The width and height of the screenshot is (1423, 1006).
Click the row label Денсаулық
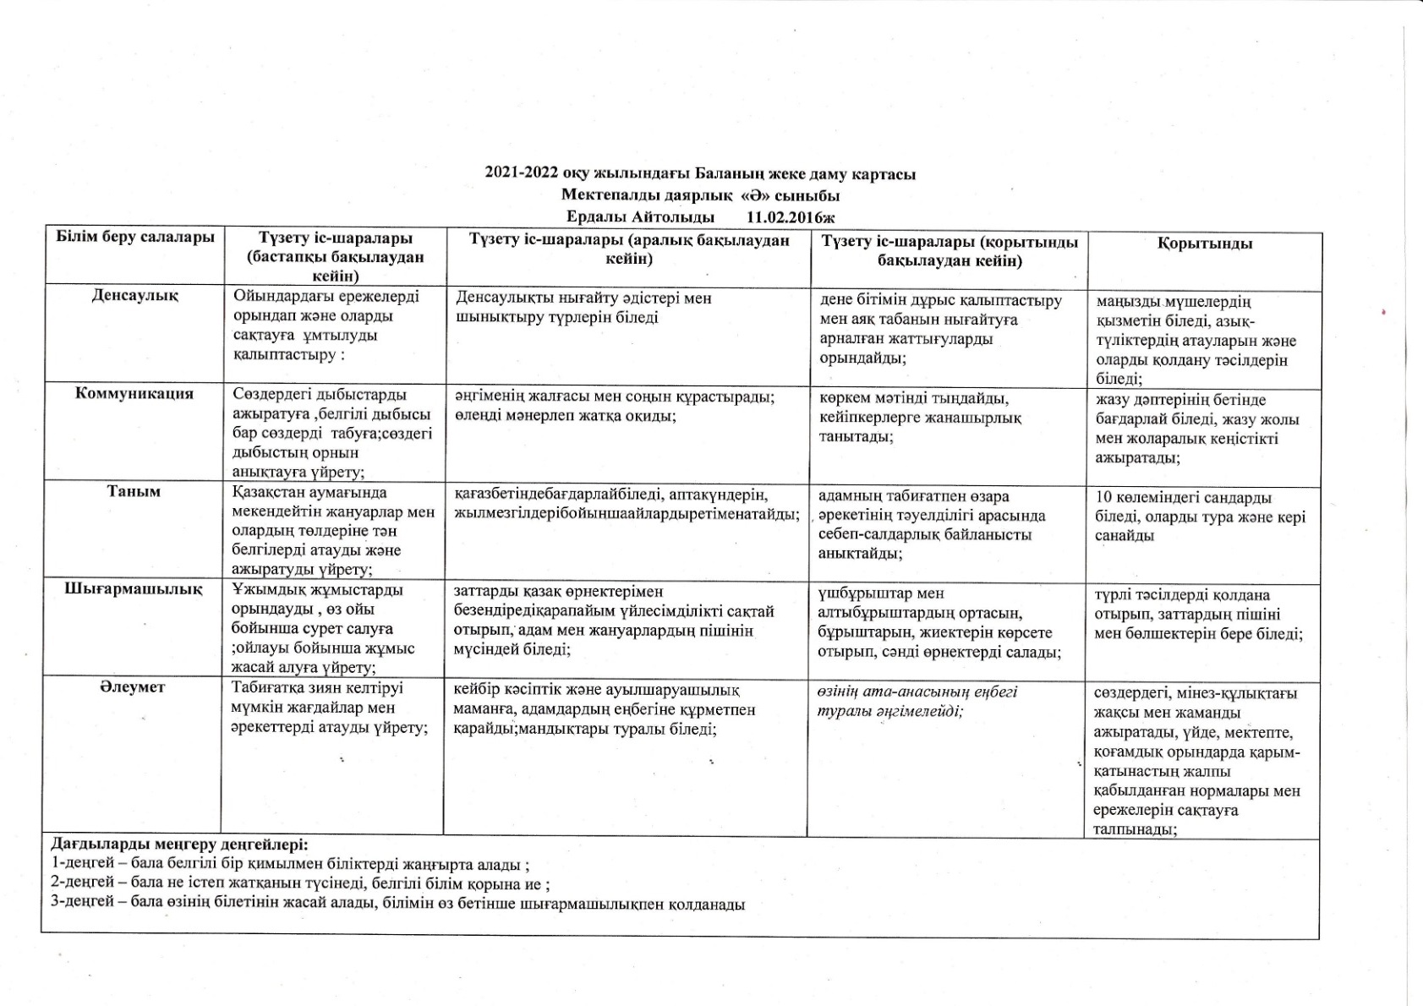click(134, 296)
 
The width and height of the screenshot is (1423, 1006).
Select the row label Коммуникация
click(134, 394)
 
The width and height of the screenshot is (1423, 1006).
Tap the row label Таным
click(134, 492)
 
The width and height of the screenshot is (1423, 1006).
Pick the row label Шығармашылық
click(134, 590)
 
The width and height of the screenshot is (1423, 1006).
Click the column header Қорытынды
click(1204, 244)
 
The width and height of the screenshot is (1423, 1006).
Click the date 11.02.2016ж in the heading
click(791, 217)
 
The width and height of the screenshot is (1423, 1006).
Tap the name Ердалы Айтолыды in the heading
click(640, 217)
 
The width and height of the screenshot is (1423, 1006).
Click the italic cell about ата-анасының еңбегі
click(917, 702)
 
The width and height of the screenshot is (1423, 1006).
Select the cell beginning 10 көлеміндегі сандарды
click(1200, 517)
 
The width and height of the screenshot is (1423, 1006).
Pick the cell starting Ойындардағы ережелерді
click(326, 325)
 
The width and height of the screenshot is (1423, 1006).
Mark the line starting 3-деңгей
click(397, 904)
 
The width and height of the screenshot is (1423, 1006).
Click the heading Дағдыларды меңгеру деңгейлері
click(179, 845)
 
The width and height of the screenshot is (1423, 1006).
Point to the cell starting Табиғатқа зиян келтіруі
click(330, 708)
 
